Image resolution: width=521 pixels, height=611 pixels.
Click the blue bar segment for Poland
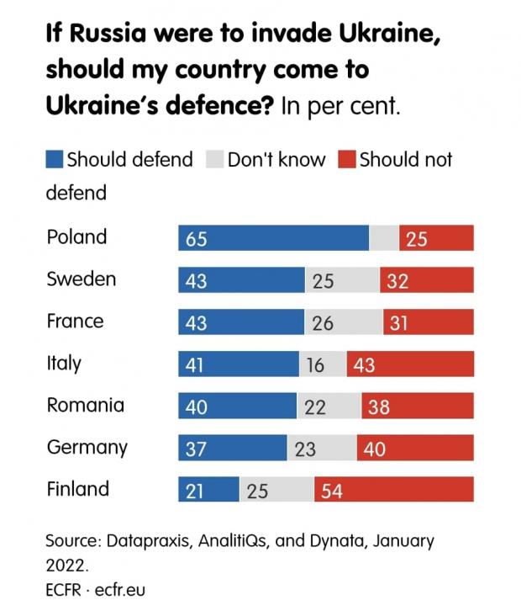(273, 238)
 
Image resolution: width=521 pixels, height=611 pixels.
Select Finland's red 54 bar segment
(393, 490)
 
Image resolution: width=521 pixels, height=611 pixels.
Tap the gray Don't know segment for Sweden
(342, 280)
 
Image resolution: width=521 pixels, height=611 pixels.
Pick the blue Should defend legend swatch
(55, 159)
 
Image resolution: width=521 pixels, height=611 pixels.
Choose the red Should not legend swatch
(346, 159)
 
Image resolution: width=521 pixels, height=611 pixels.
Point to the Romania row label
(85, 405)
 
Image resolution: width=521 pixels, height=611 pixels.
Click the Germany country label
(87, 447)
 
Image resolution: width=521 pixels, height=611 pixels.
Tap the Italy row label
(64, 363)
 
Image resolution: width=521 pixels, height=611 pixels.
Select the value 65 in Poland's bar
(197, 239)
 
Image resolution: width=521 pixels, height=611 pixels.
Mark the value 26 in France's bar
(323, 322)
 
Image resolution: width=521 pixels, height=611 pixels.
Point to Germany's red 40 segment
(414, 448)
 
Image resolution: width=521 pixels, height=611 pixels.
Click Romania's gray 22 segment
(329, 406)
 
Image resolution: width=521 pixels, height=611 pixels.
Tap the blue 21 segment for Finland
(208, 490)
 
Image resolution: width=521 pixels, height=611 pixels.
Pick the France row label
(75, 321)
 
